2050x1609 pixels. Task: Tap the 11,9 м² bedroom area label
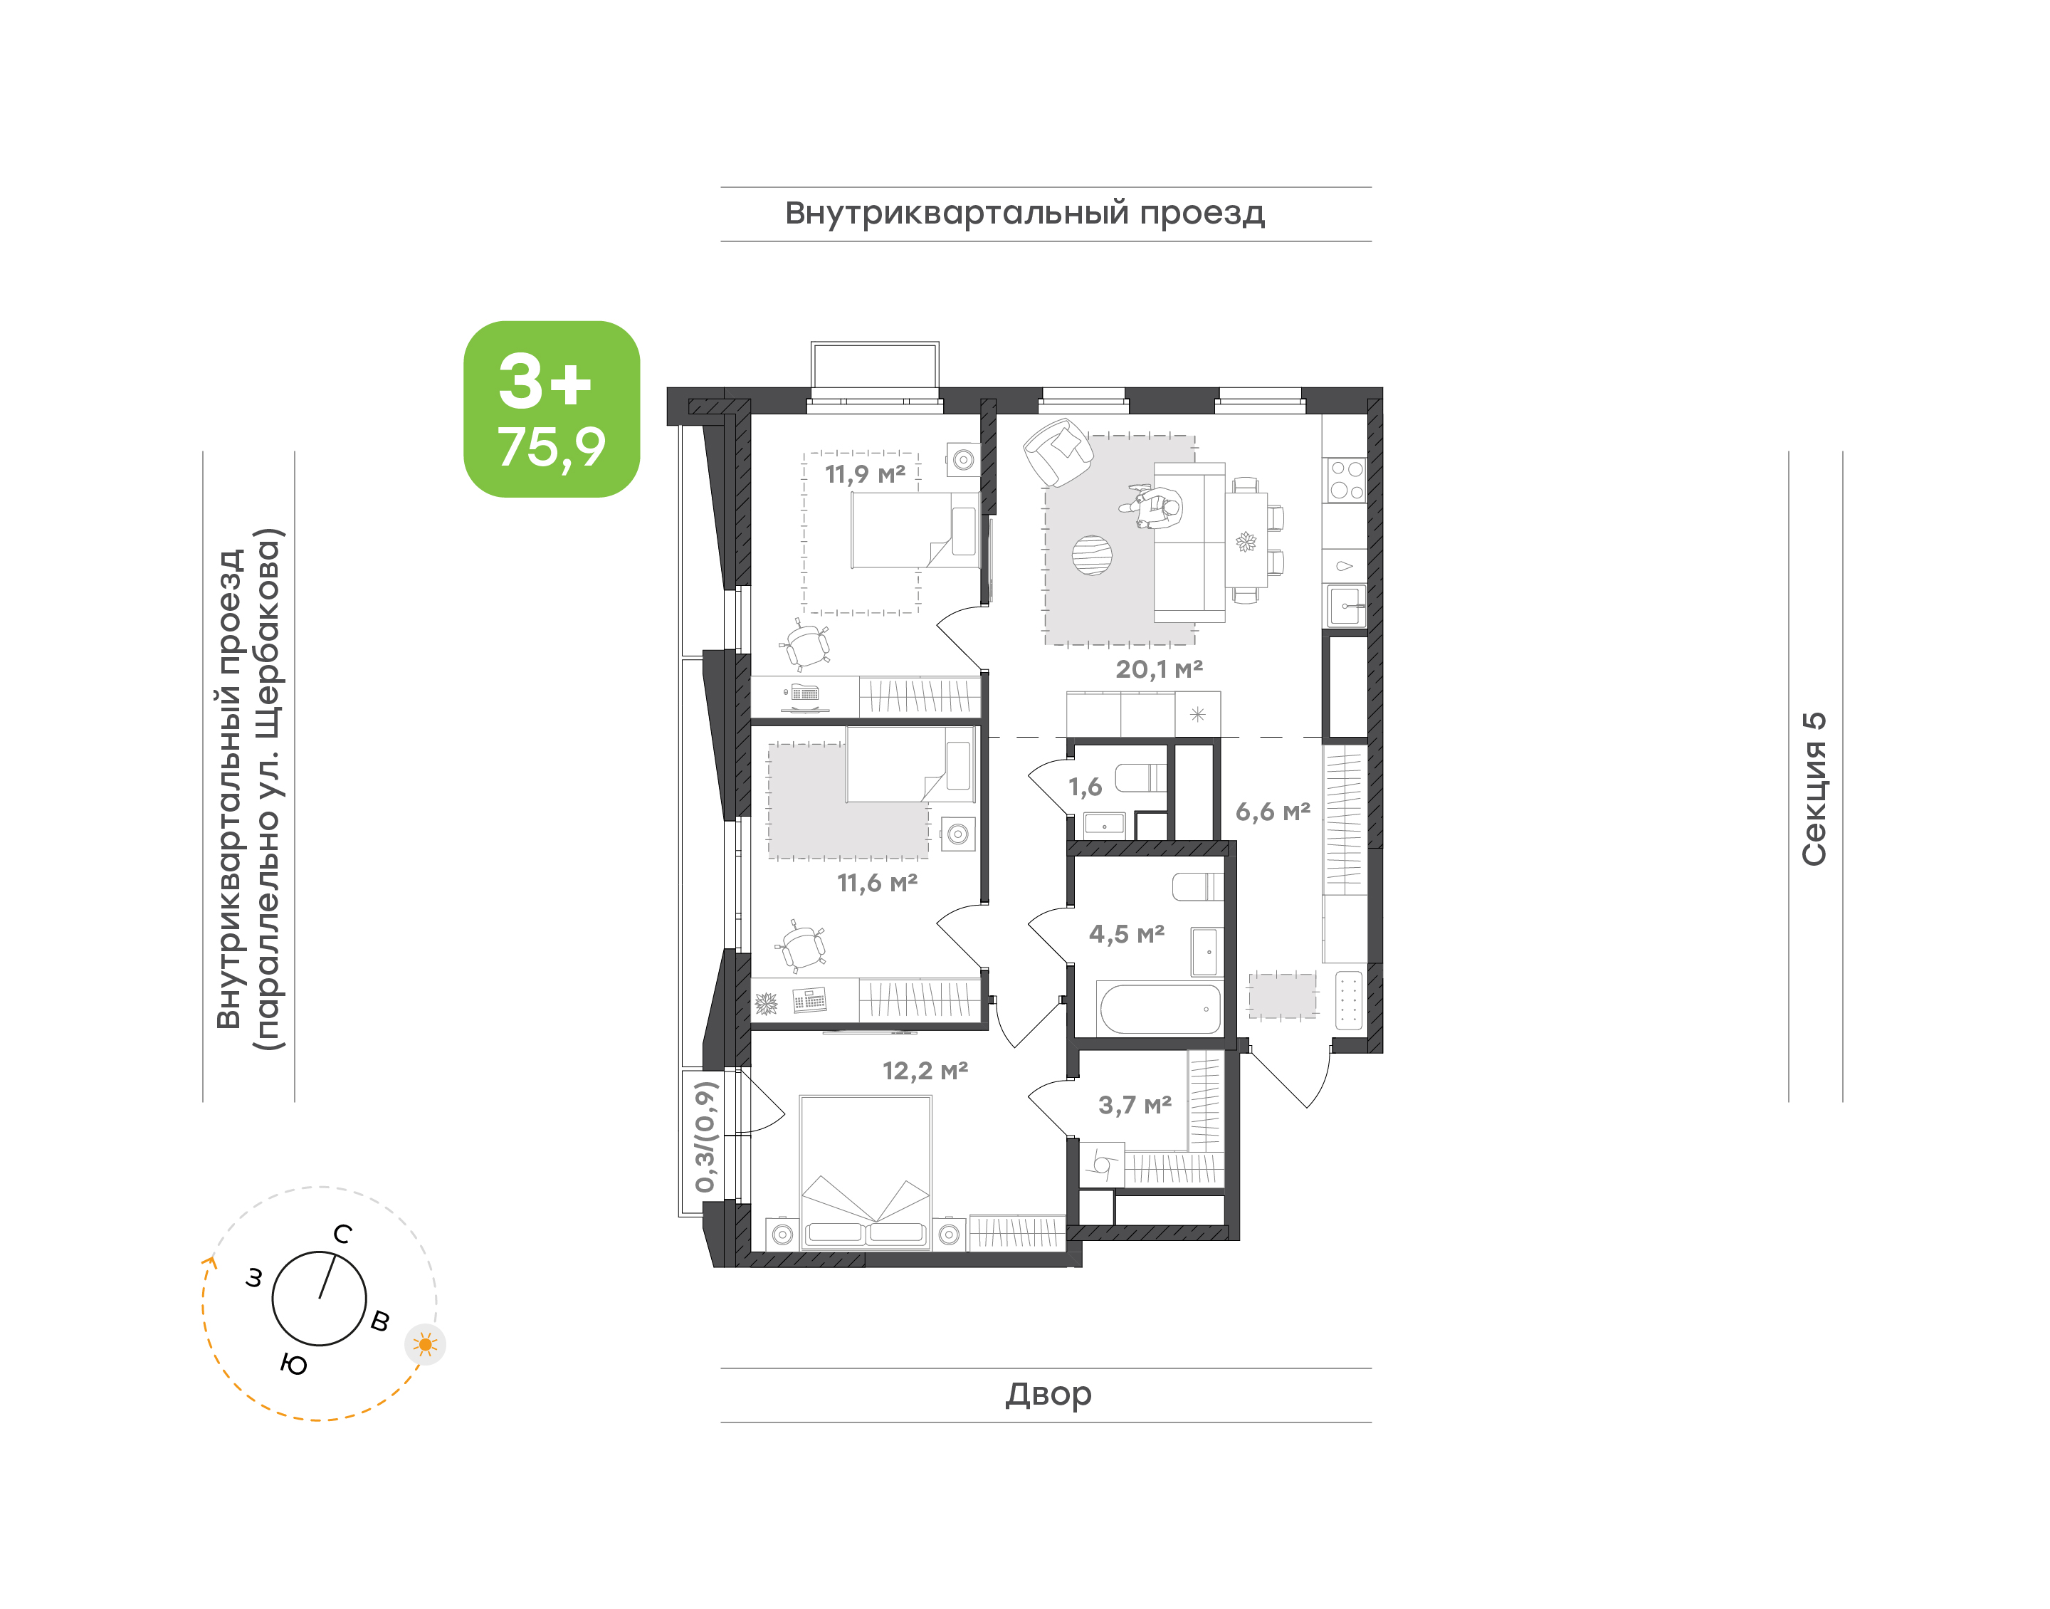pos(864,474)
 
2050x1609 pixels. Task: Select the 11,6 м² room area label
pos(877,883)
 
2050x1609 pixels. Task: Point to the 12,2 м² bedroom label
pos(925,1070)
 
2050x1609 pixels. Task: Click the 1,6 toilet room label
pos(1085,787)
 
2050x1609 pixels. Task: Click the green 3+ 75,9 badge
pos(552,409)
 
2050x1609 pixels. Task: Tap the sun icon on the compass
pos(426,1343)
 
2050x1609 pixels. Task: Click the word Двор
pos(1048,1393)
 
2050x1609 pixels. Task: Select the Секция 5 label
pos(1814,789)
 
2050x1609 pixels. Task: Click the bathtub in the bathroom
pos(1160,1009)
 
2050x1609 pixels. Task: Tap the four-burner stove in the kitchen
pos(1345,480)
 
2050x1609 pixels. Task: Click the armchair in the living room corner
pos(1058,451)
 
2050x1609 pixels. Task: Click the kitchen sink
pos(1345,604)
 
